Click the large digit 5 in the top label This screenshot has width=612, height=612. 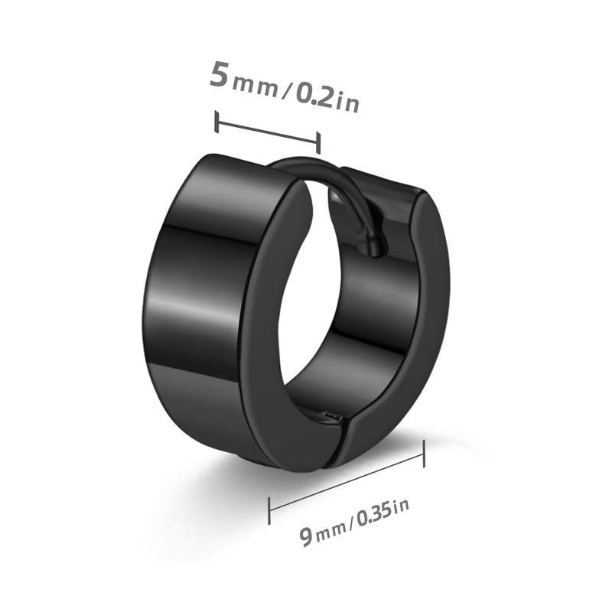coord(219,73)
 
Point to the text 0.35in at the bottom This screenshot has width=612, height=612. coord(384,512)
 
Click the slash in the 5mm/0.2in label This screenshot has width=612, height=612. coord(288,92)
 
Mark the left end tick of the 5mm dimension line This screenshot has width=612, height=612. coord(216,122)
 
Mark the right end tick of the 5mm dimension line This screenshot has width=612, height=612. coord(318,143)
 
